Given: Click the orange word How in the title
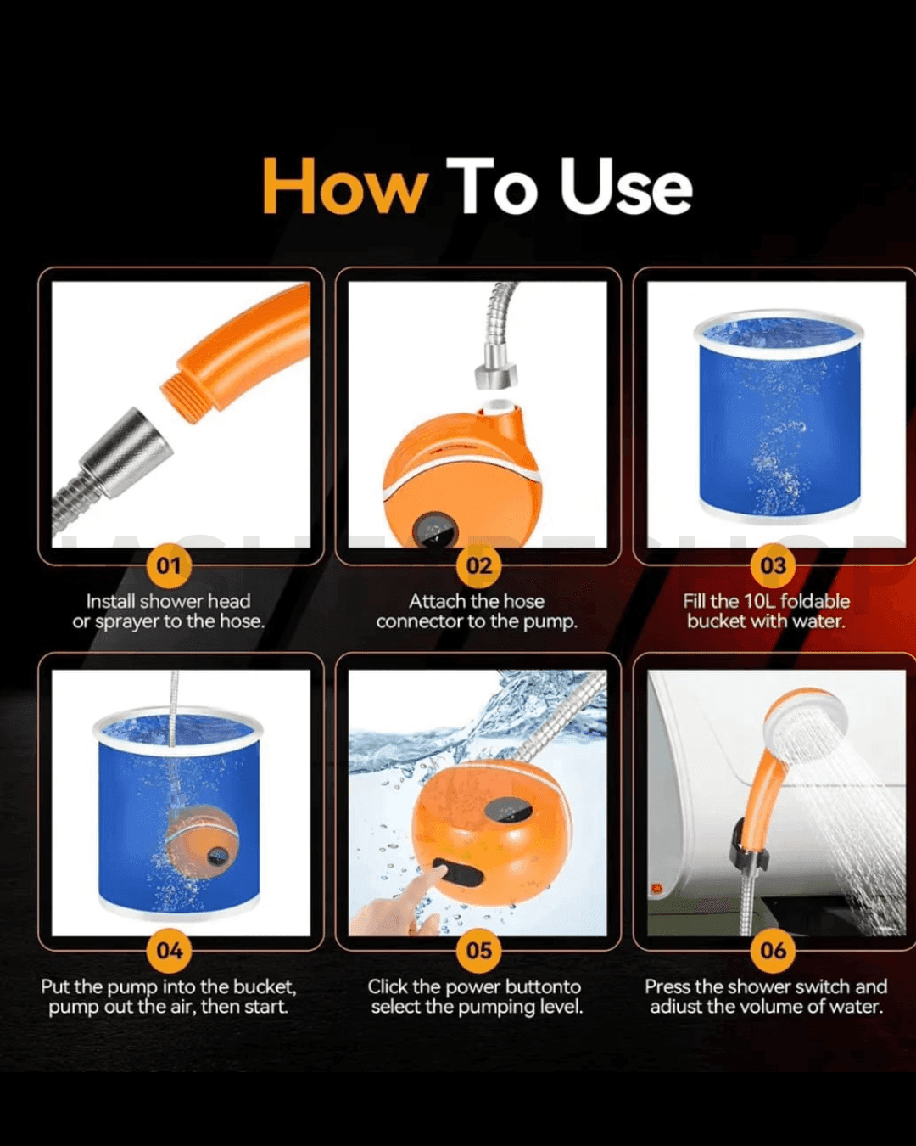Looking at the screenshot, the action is coord(345,187).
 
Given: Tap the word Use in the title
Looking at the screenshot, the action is coord(626,187).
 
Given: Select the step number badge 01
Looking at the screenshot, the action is coord(170,565).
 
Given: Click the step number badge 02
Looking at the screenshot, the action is coord(479,565).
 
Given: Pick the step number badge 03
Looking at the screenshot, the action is coord(773,565).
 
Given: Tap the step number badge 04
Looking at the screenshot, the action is coord(170,951).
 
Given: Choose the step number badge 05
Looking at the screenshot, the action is coord(479,951).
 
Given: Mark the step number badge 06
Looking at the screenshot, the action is coord(773,951).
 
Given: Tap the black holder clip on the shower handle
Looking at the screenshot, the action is coord(750,846).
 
